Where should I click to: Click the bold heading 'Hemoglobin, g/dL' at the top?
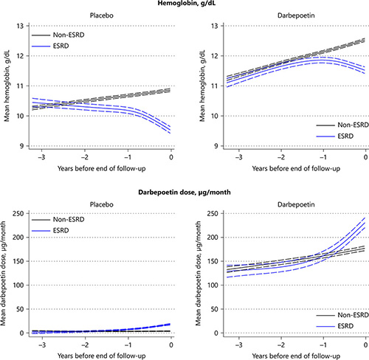tap(184, 4)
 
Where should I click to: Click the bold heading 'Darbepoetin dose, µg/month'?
tap(184, 175)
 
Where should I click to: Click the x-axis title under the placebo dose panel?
tap(100, 355)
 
